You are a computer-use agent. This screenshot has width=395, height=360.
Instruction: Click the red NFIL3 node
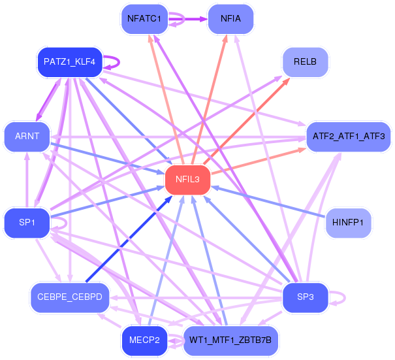[x=187, y=180]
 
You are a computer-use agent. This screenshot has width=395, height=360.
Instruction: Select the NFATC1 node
[x=144, y=19]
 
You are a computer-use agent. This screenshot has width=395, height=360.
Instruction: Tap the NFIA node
[x=230, y=19]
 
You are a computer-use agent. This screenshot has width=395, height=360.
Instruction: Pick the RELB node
[x=305, y=62]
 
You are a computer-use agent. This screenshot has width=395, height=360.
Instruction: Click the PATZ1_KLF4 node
[x=70, y=62]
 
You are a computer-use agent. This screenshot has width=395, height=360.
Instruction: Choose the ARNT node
[x=27, y=137]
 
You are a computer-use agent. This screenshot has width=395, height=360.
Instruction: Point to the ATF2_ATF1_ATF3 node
[x=349, y=137]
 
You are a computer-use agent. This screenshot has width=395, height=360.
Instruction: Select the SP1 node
[x=27, y=223]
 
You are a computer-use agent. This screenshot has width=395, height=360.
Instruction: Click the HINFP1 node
[x=348, y=223]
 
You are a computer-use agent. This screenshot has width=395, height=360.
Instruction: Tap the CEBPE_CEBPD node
[x=70, y=297]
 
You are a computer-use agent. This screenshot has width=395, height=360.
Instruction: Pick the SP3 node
[x=305, y=297]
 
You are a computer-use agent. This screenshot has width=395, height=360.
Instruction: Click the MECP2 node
[x=144, y=340]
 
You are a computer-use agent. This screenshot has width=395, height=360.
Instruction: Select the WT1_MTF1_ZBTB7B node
[x=230, y=340]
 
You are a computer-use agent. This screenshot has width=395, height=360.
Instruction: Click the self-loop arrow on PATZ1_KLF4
[x=119, y=62]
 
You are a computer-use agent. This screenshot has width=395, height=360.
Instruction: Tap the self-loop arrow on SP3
[x=345, y=298]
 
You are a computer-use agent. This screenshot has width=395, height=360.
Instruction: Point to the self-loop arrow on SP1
[x=66, y=223]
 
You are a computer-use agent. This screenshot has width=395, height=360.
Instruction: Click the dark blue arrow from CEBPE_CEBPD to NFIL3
[x=129, y=239]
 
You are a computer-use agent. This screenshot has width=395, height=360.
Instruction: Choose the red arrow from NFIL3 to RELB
[x=246, y=121]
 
